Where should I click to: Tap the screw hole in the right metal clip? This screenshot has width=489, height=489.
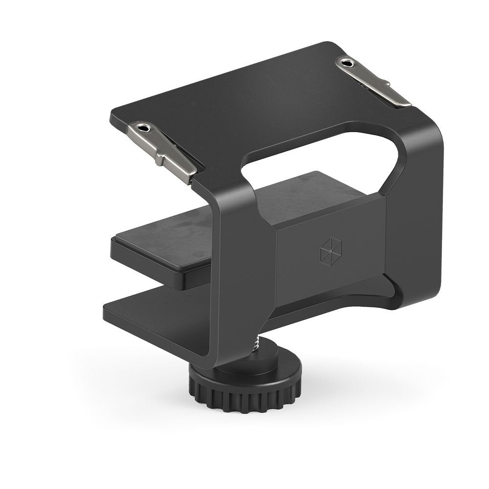(348, 63)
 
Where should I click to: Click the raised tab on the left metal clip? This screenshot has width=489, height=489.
(161, 155)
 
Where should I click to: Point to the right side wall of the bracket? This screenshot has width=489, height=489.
(416, 220)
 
